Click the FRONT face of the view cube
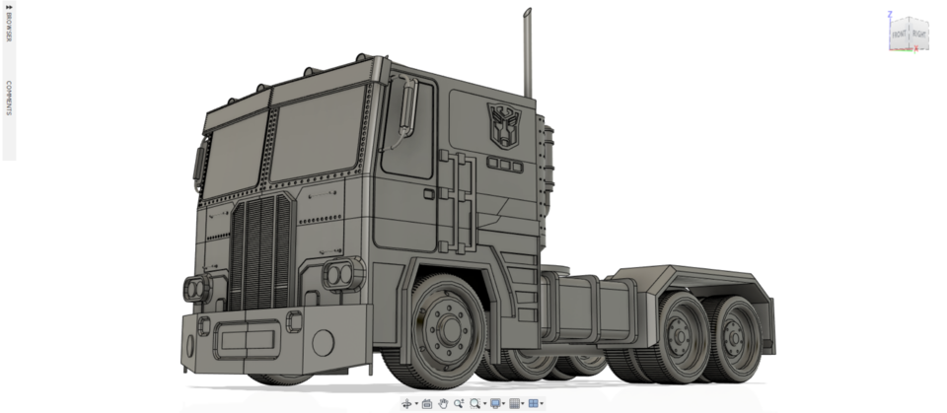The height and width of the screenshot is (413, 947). (x=900, y=34)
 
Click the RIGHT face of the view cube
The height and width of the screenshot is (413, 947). (x=918, y=34)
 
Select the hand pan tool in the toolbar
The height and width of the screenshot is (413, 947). (x=444, y=403)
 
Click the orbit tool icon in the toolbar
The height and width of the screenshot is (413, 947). (x=406, y=403)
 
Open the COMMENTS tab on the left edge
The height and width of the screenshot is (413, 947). (x=8, y=99)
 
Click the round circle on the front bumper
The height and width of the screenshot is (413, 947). (x=322, y=343)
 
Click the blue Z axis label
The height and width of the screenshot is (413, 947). (x=890, y=14)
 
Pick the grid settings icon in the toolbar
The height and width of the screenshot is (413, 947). (x=514, y=403)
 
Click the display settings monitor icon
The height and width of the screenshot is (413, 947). (x=495, y=403)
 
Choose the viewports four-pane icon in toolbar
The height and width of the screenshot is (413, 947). (x=533, y=403)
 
